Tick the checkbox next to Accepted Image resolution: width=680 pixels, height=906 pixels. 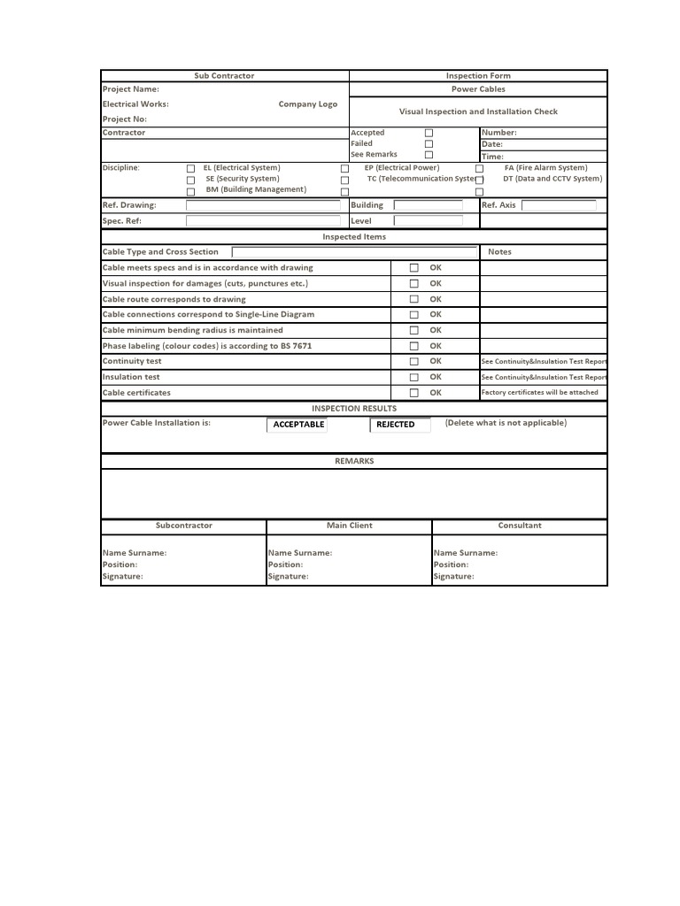429,133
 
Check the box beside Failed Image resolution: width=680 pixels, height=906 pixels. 429,143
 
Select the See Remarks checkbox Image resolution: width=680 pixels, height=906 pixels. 429,155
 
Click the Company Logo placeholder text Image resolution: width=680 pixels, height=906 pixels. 307,104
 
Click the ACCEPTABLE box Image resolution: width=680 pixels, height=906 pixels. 297,425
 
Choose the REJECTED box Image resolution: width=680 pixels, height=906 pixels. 399,425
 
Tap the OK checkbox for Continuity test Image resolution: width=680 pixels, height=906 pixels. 413,362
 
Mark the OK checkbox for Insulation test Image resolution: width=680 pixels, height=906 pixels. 413,377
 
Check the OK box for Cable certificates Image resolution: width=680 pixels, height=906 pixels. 413,393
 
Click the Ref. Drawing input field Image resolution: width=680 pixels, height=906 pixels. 263,205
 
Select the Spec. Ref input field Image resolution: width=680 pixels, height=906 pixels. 263,221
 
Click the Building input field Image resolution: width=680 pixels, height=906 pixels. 429,205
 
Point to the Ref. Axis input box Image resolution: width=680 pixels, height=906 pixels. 559,205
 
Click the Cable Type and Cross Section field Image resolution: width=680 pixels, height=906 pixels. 354,252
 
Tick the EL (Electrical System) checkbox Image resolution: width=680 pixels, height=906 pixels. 190,168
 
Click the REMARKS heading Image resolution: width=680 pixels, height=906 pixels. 354,461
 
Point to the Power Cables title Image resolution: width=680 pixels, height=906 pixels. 478,89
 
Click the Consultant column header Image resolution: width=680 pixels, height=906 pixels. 520,526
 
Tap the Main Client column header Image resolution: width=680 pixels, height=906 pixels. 350,526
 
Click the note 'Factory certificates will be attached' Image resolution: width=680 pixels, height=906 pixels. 540,393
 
